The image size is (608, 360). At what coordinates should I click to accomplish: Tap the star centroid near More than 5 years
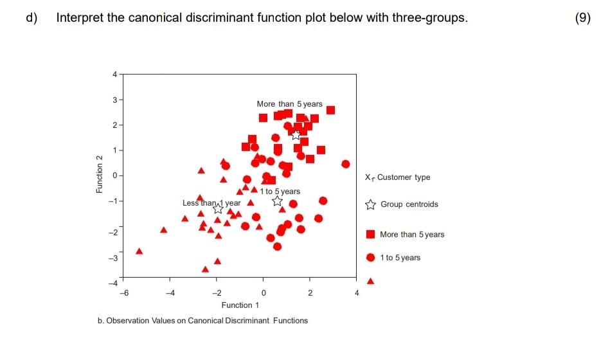click(x=296, y=134)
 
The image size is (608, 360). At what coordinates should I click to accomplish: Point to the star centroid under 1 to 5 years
click(x=278, y=201)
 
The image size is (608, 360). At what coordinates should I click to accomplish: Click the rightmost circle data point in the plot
click(x=345, y=164)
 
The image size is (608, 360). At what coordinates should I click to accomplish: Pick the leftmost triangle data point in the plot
click(x=139, y=251)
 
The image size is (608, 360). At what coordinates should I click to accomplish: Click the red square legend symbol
click(x=370, y=234)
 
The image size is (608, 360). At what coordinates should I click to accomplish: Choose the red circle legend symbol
click(x=370, y=257)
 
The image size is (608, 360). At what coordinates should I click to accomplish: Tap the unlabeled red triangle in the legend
click(x=370, y=281)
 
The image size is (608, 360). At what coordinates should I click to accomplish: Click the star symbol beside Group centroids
click(x=370, y=205)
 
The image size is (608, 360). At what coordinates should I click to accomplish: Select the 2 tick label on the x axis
click(x=310, y=293)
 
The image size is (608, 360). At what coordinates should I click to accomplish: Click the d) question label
click(x=31, y=17)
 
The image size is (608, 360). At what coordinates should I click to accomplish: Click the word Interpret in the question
click(x=80, y=17)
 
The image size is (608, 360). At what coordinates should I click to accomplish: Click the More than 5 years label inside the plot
click(x=289, y=104)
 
